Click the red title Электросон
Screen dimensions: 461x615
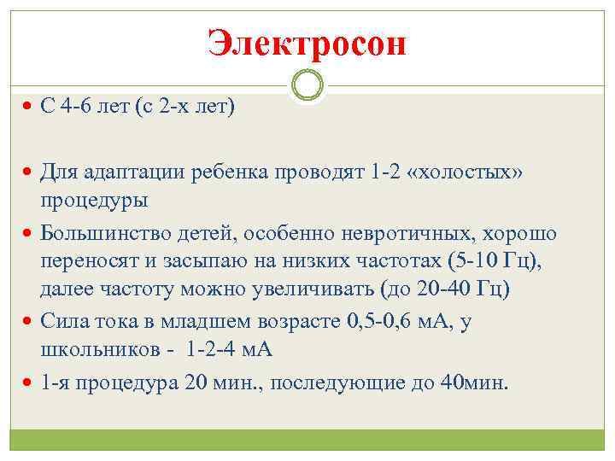[x=307, y=43]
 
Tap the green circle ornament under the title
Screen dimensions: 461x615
[x=307, y=85]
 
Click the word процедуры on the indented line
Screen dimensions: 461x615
[x=93, y=201]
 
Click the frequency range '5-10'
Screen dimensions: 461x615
[x=472, y=260]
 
